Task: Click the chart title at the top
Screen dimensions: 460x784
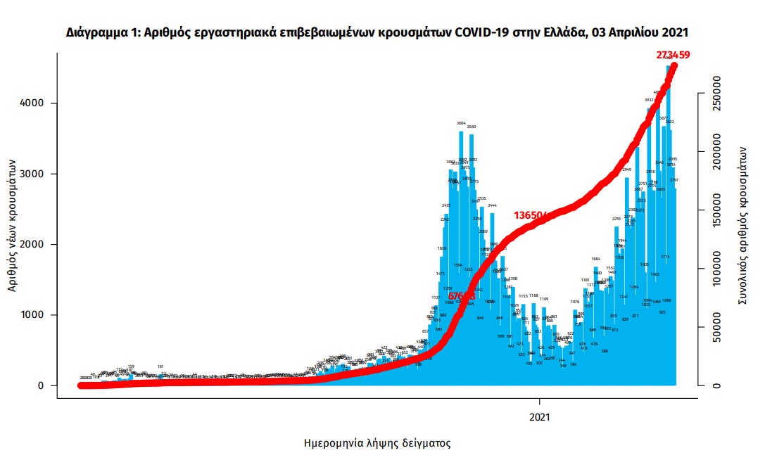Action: pyautogui.click(x=377, y=32)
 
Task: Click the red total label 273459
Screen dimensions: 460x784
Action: pyautogui.click(x=669, y=55)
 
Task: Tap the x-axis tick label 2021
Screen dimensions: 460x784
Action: pyautogui.click(x=540, y=416)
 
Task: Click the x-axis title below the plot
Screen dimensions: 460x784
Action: pyautogui.click(x=377, y=444)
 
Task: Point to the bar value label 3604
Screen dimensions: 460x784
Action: pyautogui.click(x=461, y=123)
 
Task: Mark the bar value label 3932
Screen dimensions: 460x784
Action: pyautogui.click(x=649, y=100)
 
